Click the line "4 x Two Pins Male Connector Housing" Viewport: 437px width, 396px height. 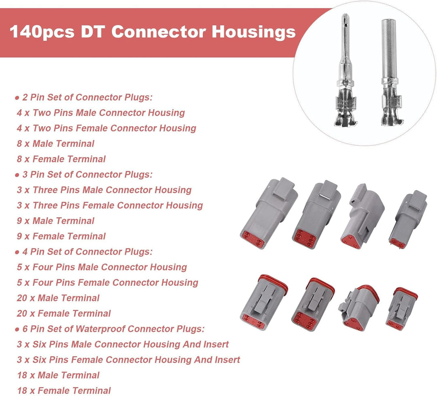click(x=101, y=113)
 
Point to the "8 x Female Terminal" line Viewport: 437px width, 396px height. click(x=61, y=159)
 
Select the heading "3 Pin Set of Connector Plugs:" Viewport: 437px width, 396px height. click(x=87, y=174)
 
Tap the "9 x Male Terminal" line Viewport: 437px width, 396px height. click(x=55, y=221)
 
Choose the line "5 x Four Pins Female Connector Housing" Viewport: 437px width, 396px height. click(x=107, y=283)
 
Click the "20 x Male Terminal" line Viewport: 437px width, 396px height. click(x=58, y=298)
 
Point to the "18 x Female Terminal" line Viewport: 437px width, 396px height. click(x=64, y=390)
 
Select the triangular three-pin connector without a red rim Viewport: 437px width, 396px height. click(x=362, y=216)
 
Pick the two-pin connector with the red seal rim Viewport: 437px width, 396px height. click(x=401, y=309)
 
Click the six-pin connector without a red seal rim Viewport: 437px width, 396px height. click(x=316, y=214)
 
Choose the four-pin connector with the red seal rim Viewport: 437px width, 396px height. click(x=263, y=303)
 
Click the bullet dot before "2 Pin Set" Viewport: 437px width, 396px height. click(x=17, y=98)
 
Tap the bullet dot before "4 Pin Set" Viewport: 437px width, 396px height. click(x=17, y=252)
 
